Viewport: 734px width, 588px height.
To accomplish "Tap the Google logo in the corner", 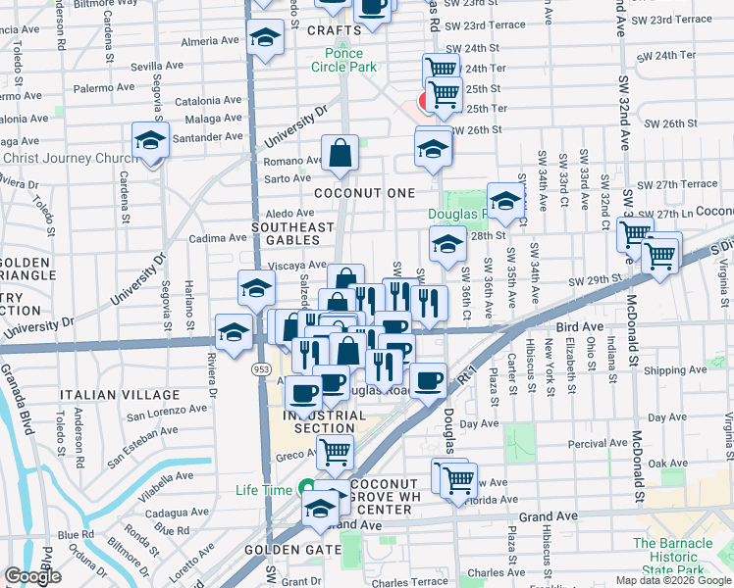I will (33, 576).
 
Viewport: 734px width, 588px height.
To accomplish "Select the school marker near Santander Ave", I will (150, 141).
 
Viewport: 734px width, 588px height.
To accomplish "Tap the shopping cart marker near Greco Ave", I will (335, 453).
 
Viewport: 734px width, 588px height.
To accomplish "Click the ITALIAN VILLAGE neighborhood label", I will (106, 394).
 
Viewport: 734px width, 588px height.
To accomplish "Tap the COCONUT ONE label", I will (364, 193).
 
